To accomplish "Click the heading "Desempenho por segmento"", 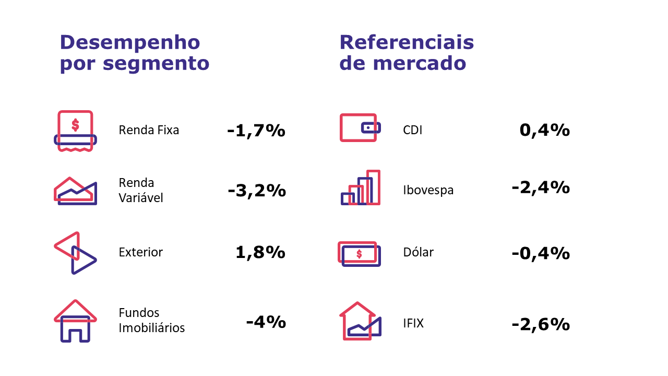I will [135, 53].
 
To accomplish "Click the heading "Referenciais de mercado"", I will [407, 53].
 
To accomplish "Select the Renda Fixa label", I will [149, 130].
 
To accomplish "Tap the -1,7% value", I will [256, 130].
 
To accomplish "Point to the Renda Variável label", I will [141, 191].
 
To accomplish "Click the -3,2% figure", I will [257, 191].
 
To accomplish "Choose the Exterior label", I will [141, 252].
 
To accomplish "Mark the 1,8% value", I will [260, 253].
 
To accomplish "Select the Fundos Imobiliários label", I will [152, 320].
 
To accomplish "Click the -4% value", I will [266, 321].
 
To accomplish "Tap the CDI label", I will [413, 130].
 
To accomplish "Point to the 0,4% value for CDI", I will [544, 130].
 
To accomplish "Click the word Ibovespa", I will [428, 190].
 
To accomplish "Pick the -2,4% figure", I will [541, 187].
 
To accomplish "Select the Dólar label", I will [419, 253].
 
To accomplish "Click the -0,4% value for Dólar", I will [541, 253].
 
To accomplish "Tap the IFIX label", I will [413, 324].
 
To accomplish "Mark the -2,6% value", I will [541, 324].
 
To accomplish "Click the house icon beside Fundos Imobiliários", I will [76, 321].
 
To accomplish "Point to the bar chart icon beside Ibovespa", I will [361, 187].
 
